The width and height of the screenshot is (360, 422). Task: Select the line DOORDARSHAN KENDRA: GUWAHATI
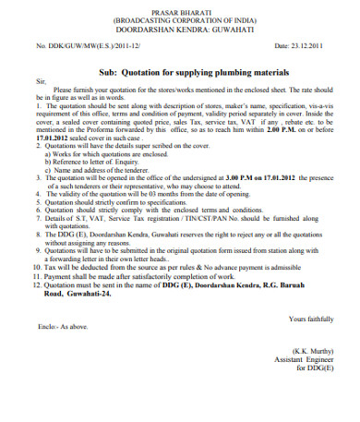point(181,28)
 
